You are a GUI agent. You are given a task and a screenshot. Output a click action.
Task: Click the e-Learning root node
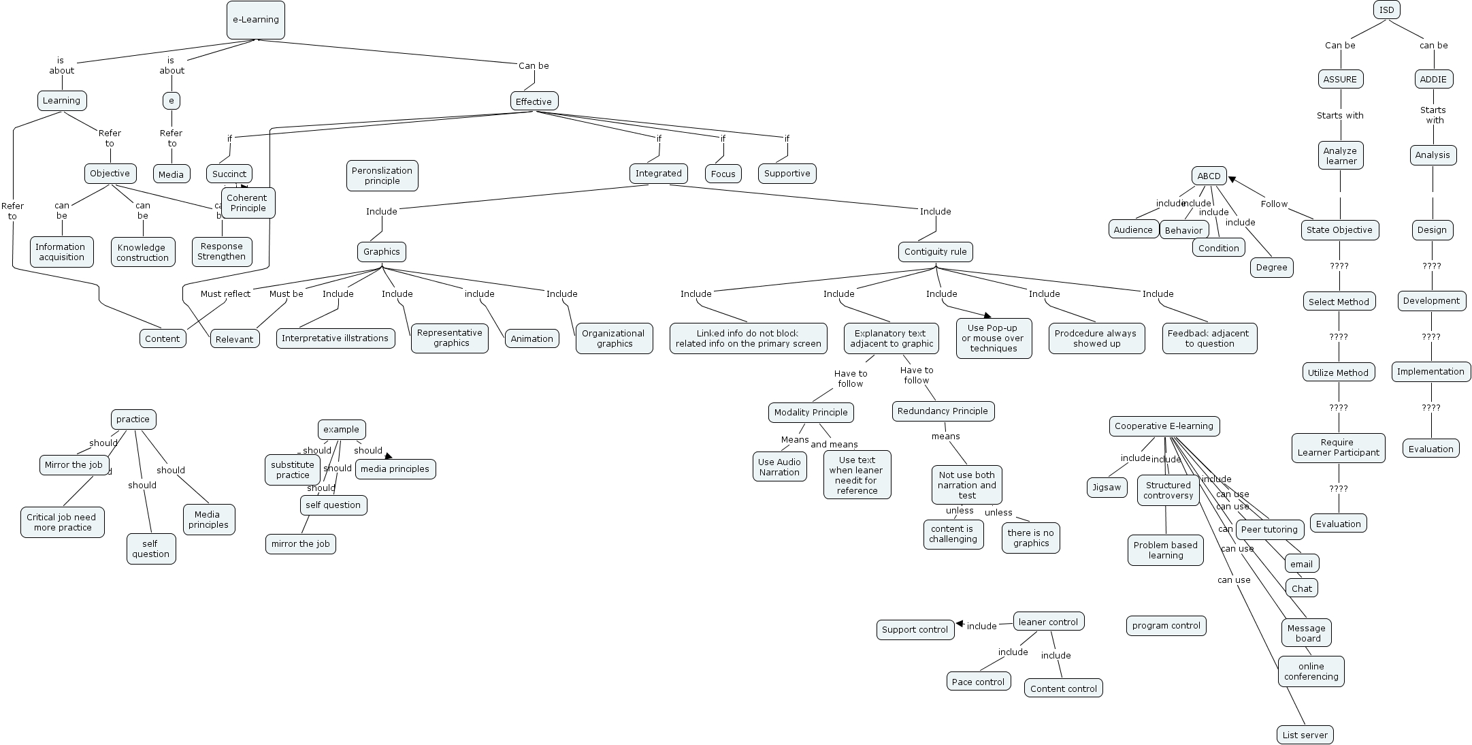256,20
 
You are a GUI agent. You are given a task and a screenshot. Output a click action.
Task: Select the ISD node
1386,10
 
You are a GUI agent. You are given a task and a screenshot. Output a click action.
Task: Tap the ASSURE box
1339,80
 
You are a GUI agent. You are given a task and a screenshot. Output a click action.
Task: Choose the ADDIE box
1433,80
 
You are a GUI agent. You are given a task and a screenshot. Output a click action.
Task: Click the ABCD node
1209,176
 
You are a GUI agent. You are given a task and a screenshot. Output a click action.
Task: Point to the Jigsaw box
1107,488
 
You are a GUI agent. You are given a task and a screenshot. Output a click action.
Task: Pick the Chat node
1301,589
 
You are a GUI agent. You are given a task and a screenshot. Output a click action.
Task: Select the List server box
1305,735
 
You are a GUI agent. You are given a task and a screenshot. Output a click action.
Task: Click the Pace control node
978,682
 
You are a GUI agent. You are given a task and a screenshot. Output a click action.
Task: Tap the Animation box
531,339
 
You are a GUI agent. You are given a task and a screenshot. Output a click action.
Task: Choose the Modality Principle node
811,413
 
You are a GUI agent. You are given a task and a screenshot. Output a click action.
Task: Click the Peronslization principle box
382,176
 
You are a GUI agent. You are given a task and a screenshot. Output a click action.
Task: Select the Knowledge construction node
142,253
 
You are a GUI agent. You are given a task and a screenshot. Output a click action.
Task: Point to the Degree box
1271,268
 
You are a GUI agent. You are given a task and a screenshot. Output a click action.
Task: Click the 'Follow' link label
1273,204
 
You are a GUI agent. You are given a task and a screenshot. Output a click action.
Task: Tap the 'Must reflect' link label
225,294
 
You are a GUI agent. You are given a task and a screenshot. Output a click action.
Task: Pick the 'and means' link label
834,445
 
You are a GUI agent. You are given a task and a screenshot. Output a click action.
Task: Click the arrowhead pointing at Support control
960,624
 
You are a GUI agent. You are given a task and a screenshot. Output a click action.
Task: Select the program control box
1166,626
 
